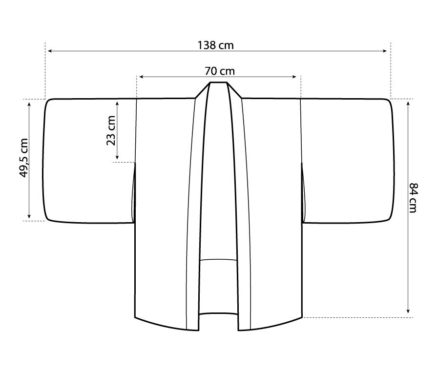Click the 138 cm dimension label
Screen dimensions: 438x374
pos(215,45)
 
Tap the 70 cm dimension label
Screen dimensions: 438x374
pos(220,71)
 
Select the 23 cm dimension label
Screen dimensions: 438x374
pos(111,130)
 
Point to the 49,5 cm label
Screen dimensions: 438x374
pos(24,158)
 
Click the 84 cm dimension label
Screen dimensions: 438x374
pos(413,198)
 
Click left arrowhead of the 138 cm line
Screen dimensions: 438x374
pos(50,51)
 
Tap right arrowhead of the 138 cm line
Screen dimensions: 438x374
pos(385,51)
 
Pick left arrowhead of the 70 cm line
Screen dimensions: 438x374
pos(141,77)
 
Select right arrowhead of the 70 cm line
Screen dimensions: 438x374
pos(294,77)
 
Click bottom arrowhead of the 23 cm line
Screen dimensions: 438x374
pos(117,158)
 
